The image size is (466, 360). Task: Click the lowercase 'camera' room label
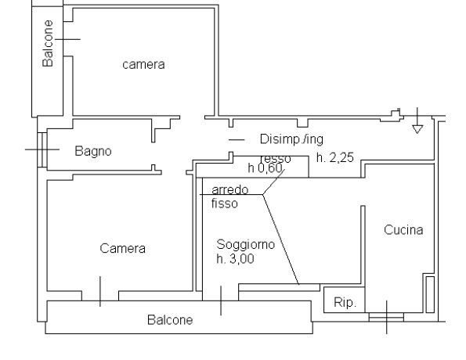143,64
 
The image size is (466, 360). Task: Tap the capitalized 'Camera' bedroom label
122,248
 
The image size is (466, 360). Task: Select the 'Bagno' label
92,150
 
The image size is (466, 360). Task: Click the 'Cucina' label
403,230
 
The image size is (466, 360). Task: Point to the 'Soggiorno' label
241,244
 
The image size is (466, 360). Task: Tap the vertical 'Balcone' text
49,44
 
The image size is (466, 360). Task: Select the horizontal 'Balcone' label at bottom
170,320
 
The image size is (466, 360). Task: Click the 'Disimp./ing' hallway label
291,139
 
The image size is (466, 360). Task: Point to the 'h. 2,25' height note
335,157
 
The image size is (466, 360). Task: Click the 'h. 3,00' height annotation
235,258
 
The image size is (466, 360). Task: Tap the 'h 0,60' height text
265,168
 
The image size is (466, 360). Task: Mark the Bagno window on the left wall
43,148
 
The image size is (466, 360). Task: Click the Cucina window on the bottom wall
386,318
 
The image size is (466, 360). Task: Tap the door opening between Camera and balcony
100,295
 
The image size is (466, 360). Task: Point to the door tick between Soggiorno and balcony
220,299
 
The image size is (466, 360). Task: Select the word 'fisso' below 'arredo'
225,203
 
